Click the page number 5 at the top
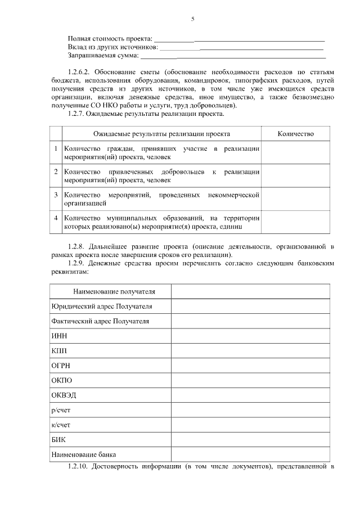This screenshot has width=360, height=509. click(192, 19)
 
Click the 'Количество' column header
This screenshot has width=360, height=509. click(296, 134)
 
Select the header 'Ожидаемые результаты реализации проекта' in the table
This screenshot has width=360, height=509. click(161, 134)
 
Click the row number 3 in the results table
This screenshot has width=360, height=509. click(56, 195)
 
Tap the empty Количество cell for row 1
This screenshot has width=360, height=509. click(296, 152)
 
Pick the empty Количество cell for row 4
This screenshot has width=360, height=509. click(296, 222)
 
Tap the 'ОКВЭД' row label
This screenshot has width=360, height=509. click(64, 395)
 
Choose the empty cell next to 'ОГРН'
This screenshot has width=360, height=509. click(250, 365)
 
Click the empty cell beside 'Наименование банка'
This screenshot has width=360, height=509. click(250, 454)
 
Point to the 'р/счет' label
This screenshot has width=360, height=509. click(61, 409)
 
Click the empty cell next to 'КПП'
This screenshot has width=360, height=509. click(250, 350)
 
